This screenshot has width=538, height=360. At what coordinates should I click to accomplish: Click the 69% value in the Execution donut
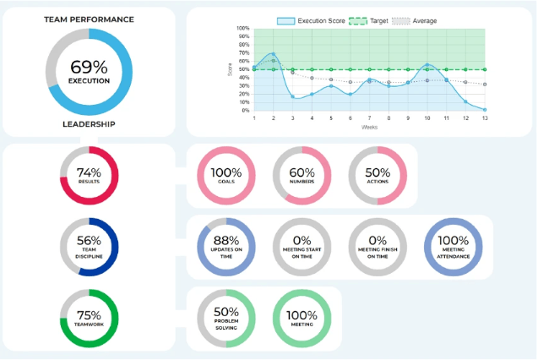pos(89,65)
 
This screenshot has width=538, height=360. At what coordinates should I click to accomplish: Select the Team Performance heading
pos(89,18)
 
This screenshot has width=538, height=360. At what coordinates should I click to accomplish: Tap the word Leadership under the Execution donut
pos(89,123)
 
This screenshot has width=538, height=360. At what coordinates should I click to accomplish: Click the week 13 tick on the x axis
pos(484,118)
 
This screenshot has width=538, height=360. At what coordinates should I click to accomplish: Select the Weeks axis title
pos(369,128)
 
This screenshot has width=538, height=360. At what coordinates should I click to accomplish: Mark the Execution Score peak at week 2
pos(274,54)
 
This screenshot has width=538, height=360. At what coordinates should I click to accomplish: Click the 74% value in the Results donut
pos(88,172)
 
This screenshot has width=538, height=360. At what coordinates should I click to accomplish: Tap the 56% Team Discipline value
pos(88,241)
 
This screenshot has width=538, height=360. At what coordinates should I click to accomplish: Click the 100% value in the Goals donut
pos(225,172)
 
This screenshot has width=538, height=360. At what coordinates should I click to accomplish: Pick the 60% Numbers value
pos(302,172)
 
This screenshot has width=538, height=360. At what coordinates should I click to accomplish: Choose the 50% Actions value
pos(378,172)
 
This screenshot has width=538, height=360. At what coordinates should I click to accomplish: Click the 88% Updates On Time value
pos(225,240)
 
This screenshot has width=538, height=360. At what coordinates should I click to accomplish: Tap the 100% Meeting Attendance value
pos(454,240)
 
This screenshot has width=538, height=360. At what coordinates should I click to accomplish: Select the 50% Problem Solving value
pos(225,310)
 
